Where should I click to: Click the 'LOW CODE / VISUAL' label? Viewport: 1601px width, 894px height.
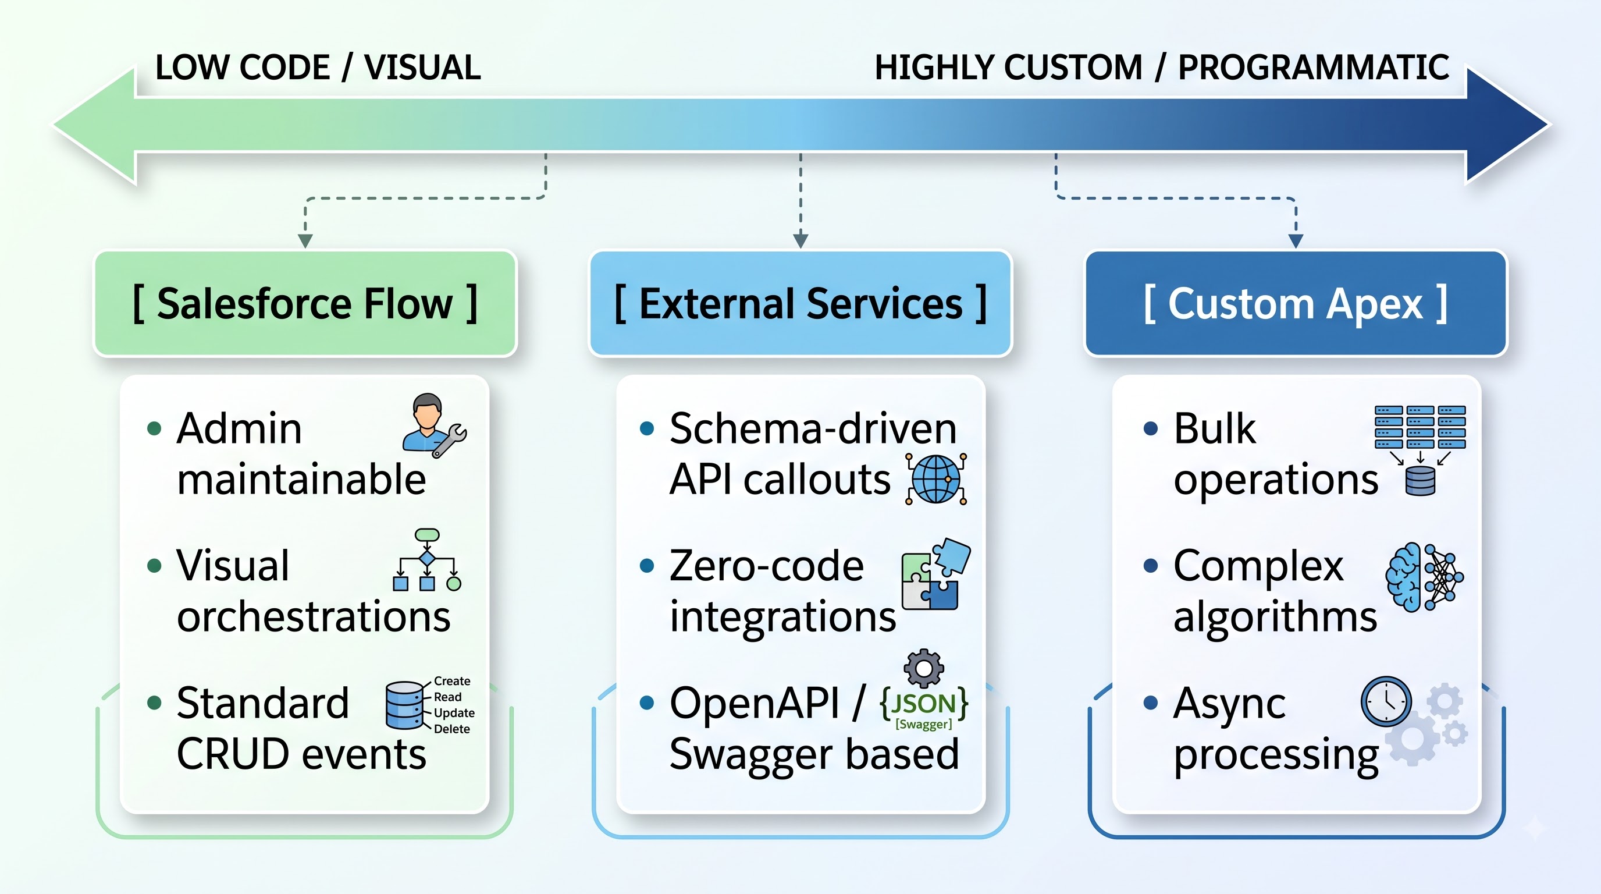[318, 67]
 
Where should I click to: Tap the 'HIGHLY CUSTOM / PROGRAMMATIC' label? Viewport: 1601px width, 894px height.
[1162, 67]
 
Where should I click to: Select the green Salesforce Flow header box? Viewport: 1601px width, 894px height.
[305, 303]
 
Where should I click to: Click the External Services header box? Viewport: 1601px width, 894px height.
[800, 303]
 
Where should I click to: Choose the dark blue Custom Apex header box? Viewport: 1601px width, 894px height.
[1296, 303]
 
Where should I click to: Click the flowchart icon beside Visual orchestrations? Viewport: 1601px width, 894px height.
[427, 559]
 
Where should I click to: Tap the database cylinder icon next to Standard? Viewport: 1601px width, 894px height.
[404, 705]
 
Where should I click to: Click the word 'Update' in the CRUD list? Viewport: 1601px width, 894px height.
[454, 712]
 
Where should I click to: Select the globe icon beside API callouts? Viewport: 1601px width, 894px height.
[936, 478]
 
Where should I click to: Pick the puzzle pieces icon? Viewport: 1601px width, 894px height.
[936, 574]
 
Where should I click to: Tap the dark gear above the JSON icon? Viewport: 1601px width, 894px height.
[924, 668]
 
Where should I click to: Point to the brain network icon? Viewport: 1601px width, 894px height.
[1424, 577]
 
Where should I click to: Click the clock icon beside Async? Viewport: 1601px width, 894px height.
[1386, 701]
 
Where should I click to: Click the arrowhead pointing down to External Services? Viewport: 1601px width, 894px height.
[800, 240]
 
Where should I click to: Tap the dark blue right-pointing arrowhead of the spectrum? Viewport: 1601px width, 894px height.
[1507, 125]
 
